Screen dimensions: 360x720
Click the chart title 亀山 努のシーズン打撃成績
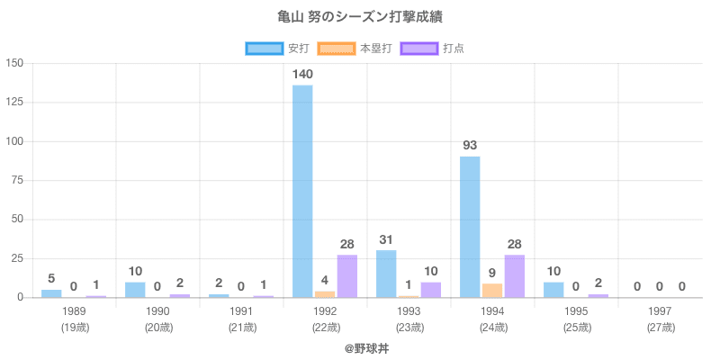coord(360,17)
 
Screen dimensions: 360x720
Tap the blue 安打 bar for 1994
coord(470,227)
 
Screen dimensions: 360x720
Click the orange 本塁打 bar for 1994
coord(492,290)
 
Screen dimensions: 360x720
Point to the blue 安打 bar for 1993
coord(386,274)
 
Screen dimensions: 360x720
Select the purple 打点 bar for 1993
coord(431,290)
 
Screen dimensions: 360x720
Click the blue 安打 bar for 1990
coord(135,290)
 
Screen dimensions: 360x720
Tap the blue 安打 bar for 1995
coord(553,290)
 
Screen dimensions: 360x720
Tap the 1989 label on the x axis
coord(74,311)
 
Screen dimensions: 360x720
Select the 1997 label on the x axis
coord(660,311)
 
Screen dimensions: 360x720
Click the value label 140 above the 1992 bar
coord(302,74)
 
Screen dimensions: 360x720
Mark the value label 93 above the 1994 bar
coord(470,145)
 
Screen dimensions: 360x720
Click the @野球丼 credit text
coord(360,347)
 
